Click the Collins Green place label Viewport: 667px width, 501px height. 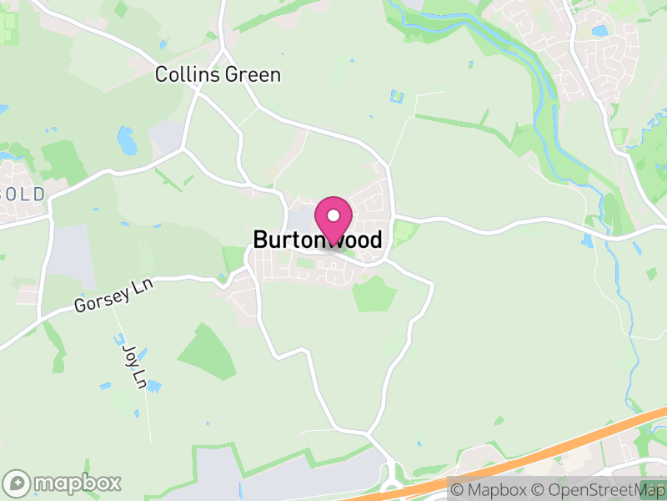click(x=218, y=75)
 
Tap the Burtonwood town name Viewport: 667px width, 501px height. click(x=318, y=240)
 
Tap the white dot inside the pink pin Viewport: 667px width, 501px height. click(x=333, y=215)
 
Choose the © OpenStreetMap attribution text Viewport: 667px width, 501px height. click(x=598, y=489)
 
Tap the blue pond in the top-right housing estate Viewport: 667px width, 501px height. click(x=599, y=31)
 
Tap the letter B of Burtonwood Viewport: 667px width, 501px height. click(x=260, y=240)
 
